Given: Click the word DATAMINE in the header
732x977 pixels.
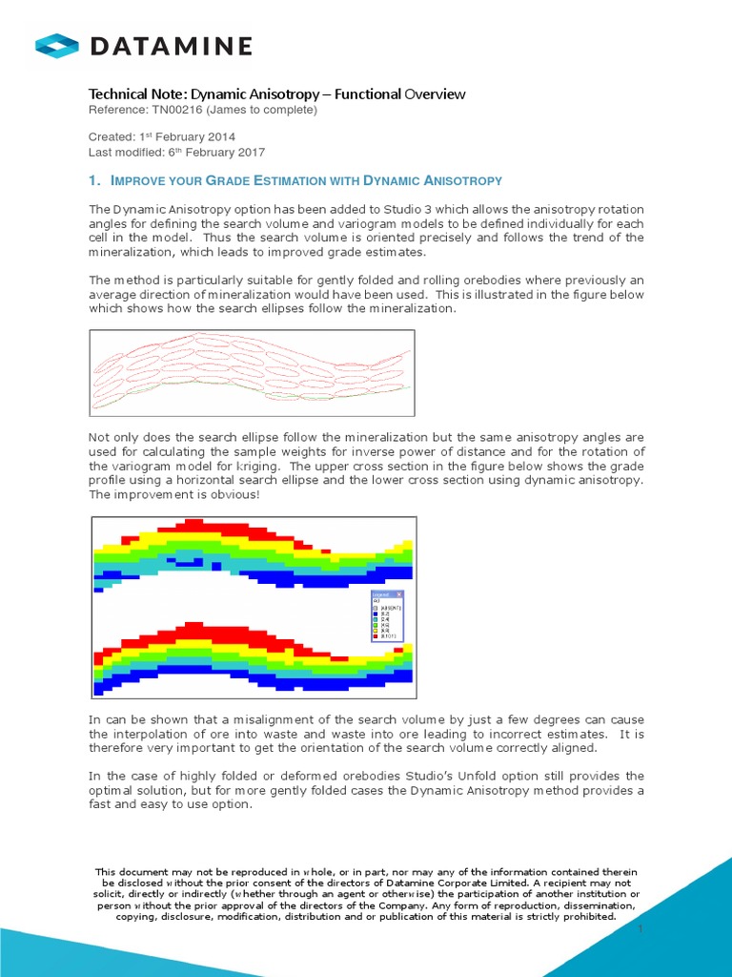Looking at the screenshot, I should [172, 45].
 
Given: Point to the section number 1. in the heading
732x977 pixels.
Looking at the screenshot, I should [94, 180].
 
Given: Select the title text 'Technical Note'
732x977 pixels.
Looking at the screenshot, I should [136, 94].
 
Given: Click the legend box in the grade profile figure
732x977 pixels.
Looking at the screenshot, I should [386, 614].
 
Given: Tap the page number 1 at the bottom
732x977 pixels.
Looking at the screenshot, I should [641, 927].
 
